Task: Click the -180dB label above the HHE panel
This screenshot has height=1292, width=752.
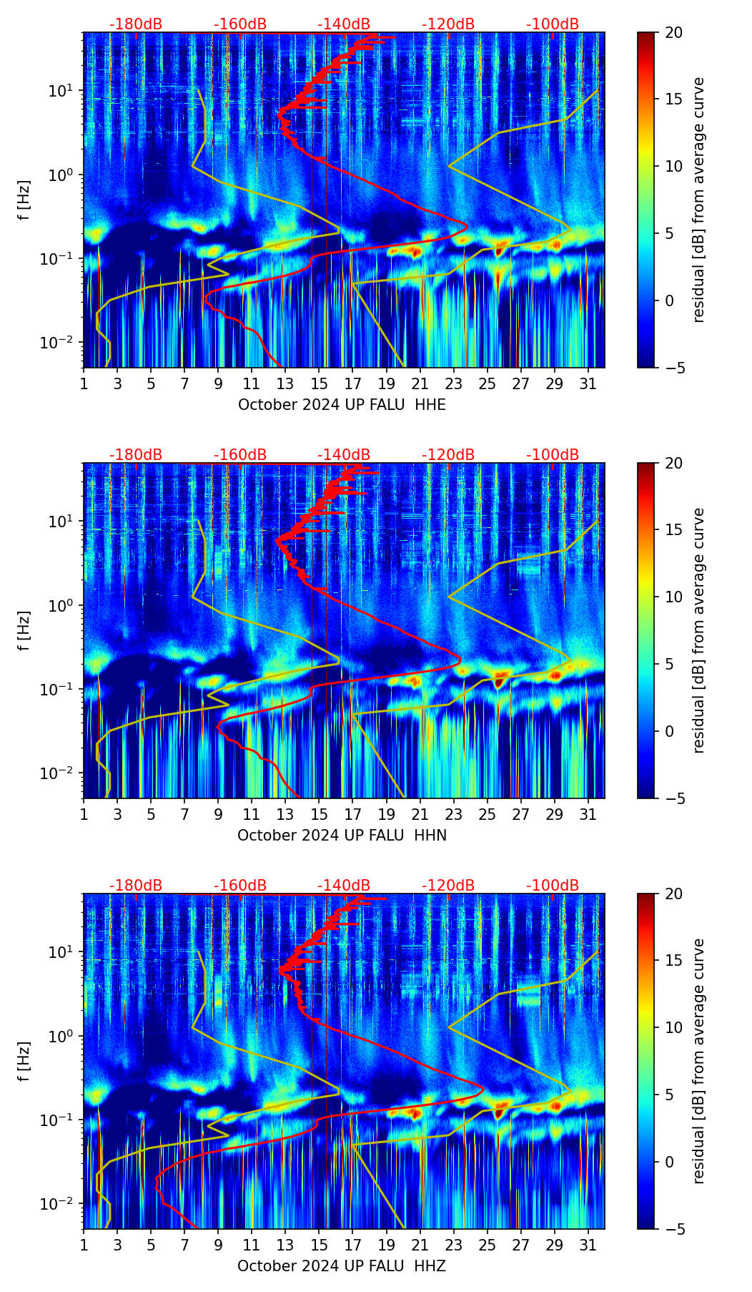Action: pos(136,24)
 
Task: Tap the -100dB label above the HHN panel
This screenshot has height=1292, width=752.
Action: pos(553,455)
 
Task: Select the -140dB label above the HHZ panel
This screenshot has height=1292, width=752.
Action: pos(344,886)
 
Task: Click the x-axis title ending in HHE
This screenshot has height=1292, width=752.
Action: pos(342,405)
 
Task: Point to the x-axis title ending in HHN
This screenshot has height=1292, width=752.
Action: pos(342,836)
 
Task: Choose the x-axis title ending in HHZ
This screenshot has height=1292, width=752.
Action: pos(342,1266)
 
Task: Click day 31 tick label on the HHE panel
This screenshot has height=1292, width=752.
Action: pos(588,384)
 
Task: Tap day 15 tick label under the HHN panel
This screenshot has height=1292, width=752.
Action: pos(319,815)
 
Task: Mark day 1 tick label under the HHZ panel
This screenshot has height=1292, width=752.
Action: pos(84,1245)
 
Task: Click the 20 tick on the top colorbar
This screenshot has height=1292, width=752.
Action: pos(673,32)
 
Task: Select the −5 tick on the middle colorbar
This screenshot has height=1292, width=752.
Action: pos(670,798)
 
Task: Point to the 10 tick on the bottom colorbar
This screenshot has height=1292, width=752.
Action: pos(673,1027)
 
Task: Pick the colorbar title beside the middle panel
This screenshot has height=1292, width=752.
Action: pos(699,630)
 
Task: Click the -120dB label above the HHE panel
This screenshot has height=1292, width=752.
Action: pos(448,24)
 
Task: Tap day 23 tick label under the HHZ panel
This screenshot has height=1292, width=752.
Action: pos(453,1245)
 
